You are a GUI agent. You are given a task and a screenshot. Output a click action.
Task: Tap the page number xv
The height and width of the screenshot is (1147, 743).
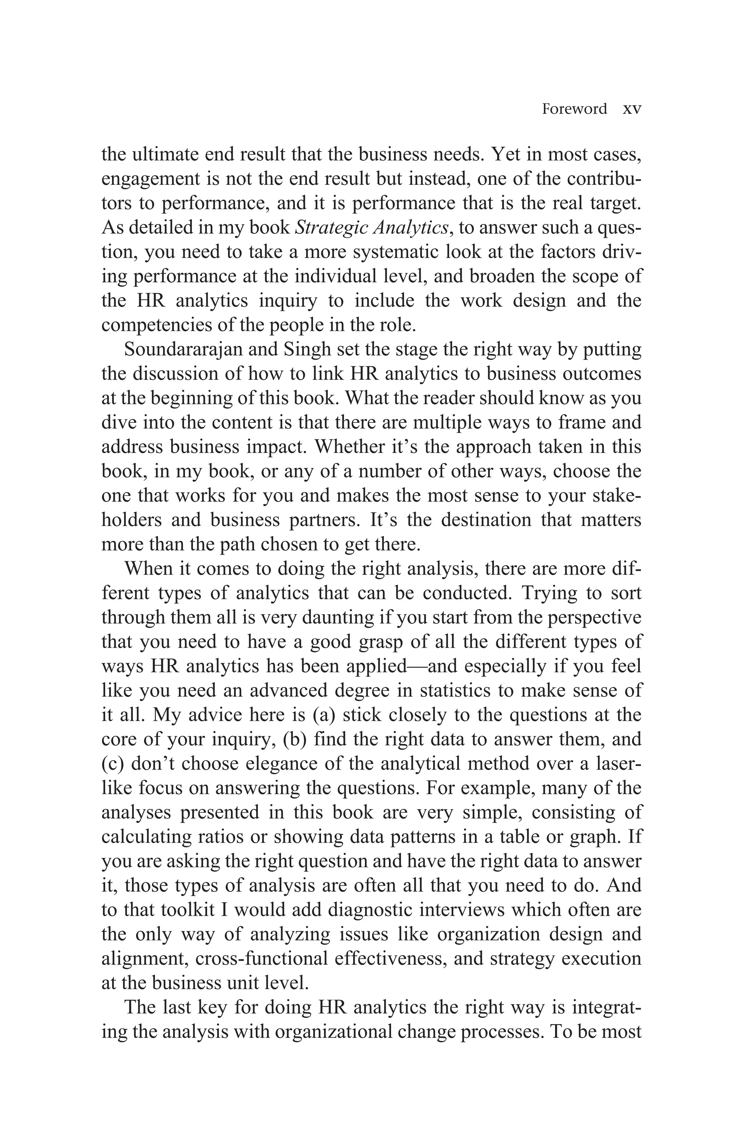coord(632,109)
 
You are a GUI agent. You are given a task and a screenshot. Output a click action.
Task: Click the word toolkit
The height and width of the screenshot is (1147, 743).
coord(188,910)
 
